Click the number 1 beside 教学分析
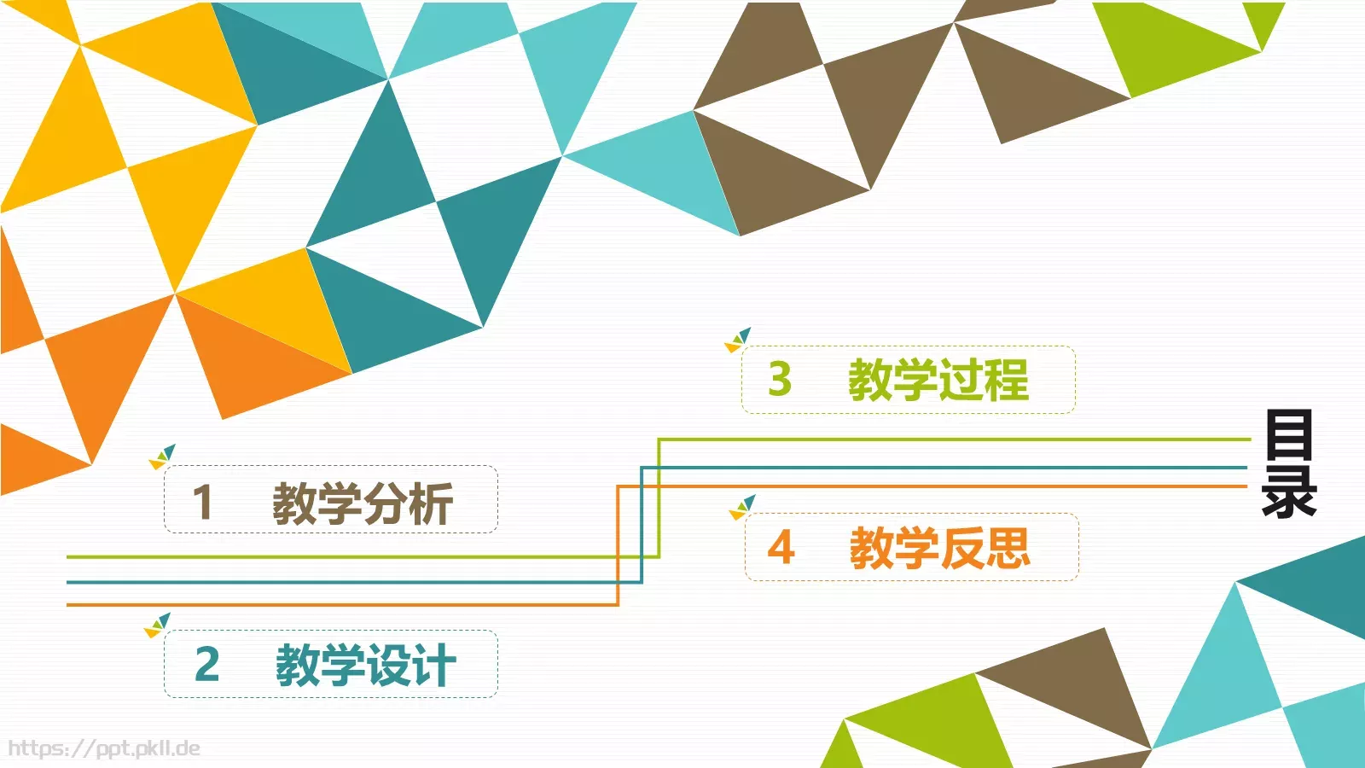[203, 502]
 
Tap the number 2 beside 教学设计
[207, 664]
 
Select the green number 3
[780, 379]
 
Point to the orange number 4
[781, 547]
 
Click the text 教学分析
[363, 503]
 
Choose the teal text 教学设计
[365, 665]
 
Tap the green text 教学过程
[938, 380]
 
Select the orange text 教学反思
[939, 548]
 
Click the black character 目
[1288, 435]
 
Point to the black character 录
[1289, 491]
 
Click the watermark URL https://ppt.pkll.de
[104, 748]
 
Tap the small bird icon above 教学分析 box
[162, 457]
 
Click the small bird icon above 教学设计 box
[158, 625]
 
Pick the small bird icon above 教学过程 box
[738, 340]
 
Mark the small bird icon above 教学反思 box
[742, 508]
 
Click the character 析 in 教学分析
[431, 503]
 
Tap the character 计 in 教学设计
[433, 665]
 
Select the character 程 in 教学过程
[1006, 380]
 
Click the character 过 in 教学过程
[961, 380]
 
